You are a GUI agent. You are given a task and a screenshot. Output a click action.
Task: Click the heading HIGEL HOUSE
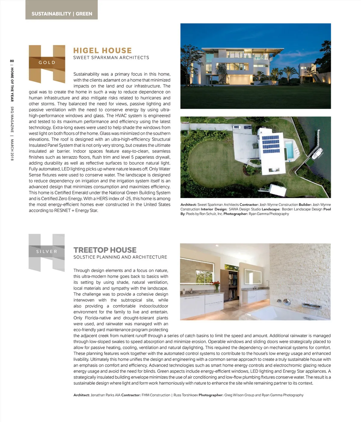coord(102,50)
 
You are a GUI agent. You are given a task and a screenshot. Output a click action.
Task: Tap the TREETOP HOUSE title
coord(105,250)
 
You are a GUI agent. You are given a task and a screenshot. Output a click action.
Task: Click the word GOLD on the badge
coord(47,63)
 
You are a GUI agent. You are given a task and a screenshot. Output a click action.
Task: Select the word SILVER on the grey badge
coord(47,251)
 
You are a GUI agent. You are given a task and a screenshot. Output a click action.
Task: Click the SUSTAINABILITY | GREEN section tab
coord(62,14)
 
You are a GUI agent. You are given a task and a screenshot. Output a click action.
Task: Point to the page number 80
coord(12,61)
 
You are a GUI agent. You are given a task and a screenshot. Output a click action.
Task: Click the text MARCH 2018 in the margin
coord(12,150)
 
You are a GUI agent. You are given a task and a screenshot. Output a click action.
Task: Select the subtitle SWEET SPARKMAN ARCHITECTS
coord(111,57)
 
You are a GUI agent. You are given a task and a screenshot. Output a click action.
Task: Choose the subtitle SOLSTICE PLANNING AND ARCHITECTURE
coord(120,257)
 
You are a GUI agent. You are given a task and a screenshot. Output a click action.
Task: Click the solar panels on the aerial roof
coord(271,144)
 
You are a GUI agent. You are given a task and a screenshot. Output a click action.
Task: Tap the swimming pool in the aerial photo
coord(290,150)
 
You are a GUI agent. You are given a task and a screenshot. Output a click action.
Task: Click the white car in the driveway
coord(237,127)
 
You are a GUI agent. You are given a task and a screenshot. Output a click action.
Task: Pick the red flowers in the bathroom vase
coord(216,283)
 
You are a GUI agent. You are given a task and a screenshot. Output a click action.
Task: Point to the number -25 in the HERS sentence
coord(128,199)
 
